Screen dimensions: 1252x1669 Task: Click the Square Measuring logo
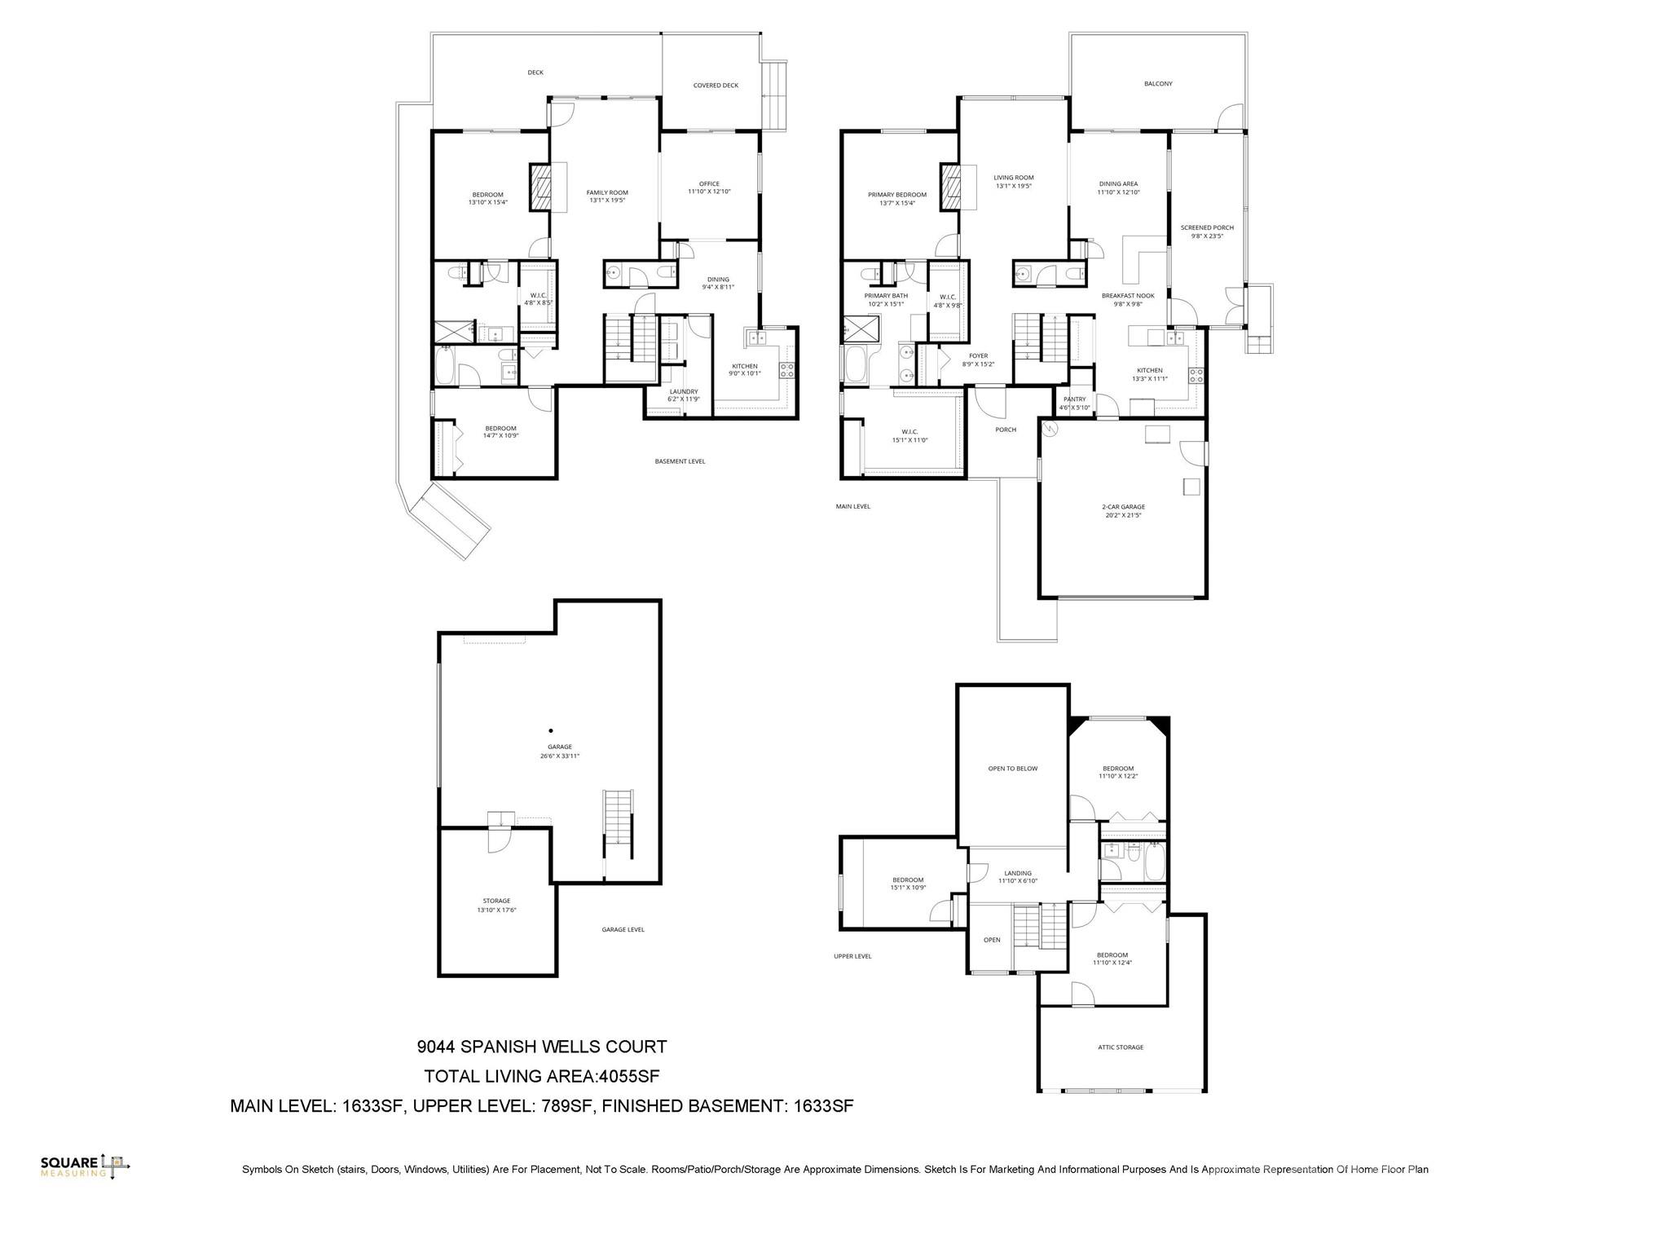coord(85,1166)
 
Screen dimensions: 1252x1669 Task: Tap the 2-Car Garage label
coord(1123,511)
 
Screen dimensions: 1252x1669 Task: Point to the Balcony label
coord(1158,84)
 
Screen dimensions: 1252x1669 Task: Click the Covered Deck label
coord(716,86)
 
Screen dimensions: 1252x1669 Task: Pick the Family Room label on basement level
coord(607,196)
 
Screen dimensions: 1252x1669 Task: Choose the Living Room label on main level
coord(1014,182)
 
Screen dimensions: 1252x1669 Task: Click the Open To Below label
coord(1013,769)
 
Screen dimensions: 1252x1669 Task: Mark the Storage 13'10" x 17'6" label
coord(496,905)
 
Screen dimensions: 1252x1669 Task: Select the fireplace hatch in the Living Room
coord(951,187)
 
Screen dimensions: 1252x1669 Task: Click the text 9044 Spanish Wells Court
coord(541,1047)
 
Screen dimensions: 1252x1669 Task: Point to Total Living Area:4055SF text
coord(541,1077)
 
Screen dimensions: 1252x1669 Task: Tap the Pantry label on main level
coord(1074,403)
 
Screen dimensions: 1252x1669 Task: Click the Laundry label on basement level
coord(683,395)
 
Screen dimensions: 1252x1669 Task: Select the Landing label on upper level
coord(1018,876)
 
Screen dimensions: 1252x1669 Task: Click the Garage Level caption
coord(623,929)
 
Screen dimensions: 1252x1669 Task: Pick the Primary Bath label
coord(886,300)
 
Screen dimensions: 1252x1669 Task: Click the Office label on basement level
coord(709,187)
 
